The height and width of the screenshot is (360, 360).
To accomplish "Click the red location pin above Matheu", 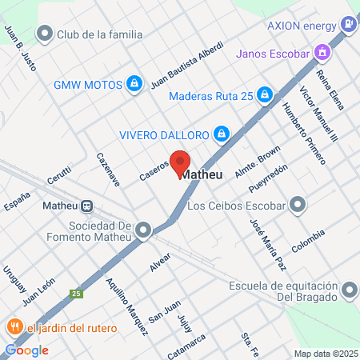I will pyautogui.click(x=180, y=161).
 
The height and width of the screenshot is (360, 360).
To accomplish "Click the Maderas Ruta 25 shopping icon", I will pyautogui.click(x=266, y=97).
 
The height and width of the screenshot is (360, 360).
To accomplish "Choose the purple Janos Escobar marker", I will pyautogui.click(x=322, y=54).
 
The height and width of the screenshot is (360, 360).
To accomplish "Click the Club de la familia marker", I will pyautogui.click(x=45, y=34).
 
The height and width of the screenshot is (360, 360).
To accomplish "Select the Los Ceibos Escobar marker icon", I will pyautogui.click(x=298, y=206).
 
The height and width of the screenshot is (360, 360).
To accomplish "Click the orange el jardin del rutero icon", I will pyautogui.click(x=14, y=327).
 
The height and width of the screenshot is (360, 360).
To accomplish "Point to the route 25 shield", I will pyautogui.click(x=77, y=294).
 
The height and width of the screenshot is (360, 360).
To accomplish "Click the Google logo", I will pyautogui.click(x=27, y=350).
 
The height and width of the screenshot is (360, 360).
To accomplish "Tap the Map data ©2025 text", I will pyautogui.click(x=325, y=353).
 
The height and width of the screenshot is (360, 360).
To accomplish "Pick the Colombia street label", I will pyautogui.click(x=308, y=242).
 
